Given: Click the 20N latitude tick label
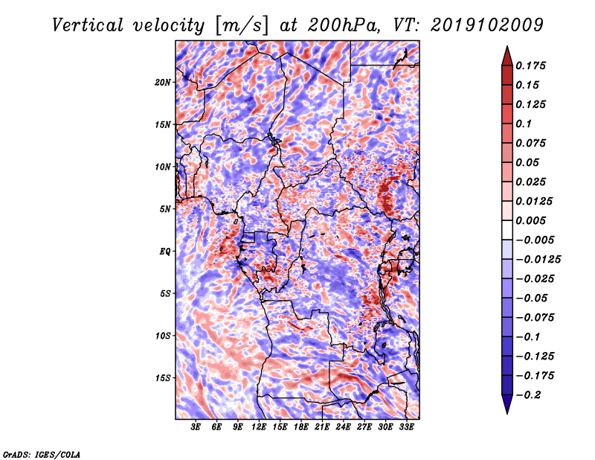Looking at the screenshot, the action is pyautogui.click(x=162, y=83).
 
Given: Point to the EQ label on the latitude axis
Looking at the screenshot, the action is pyautogui.click(x=165, y=252).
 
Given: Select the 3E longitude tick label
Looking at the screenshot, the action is pyautogui.click(x=196, y=427).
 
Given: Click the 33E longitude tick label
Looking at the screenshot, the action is pyautogui.click(x=406, y=427).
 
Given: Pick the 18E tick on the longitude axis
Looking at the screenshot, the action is pyautogui.click(x=301, y=427).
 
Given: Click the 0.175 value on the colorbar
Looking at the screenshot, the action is pyautogui.click(x=531, y=66).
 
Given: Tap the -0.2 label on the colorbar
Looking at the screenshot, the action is pyautogui.click(x=528, y=395).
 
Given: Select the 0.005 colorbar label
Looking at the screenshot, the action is pyautogui.click(x=531, y=220).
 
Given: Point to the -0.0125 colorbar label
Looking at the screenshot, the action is pyautogui.click(x=538, y=260).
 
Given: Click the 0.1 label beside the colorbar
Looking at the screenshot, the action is pyautogui.click(x=524, y=124).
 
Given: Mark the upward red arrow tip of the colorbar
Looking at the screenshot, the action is pyautogui.click(x=507, y=46).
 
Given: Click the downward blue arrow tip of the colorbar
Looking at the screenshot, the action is pyautogui.click(x=507, y=413).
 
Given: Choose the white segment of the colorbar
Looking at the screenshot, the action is pyautogui.click(x=507, y=230).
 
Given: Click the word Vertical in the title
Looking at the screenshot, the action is pyautogui.click(x=88, y=26).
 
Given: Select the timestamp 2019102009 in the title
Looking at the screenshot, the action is pyautogui.click(x=487, y=25).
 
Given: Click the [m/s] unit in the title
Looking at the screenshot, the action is pyautogui.click(x=242, y=26).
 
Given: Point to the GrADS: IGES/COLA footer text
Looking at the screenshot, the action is pyautogui.click(x=42, y=454).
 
